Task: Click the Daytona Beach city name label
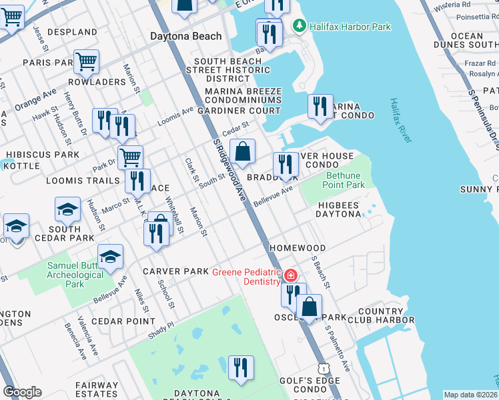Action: point(185,36)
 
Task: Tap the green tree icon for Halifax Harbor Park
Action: point(300,26)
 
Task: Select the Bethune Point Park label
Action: point(344,180)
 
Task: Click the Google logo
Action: point(22,392)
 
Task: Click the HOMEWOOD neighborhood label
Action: point(298,248)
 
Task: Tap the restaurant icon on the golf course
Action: point(240,367)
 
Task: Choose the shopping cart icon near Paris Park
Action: point(86,61)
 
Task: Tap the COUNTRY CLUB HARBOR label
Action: point(381,316)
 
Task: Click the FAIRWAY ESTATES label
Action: point(97,390)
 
